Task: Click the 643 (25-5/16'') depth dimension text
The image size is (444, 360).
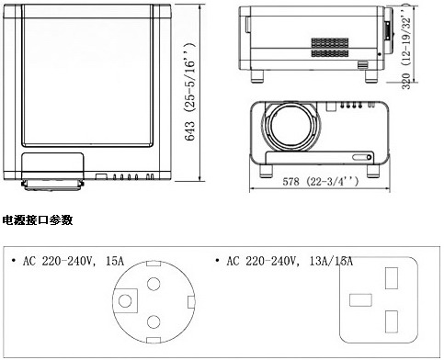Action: (190, 92)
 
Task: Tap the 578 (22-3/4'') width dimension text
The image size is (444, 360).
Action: (320, 182)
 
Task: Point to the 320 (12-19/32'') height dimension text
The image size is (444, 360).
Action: (406, 49)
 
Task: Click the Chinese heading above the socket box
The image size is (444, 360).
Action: (38, 220)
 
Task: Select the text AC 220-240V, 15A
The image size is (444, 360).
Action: (74, 261)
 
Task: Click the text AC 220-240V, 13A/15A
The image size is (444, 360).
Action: (290, 261)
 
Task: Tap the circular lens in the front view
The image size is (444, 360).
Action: (291, 126)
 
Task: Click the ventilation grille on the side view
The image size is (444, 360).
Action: (330, 48)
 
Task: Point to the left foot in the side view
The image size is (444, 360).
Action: (257, 76)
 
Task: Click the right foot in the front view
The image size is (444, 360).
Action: (373, 171)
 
